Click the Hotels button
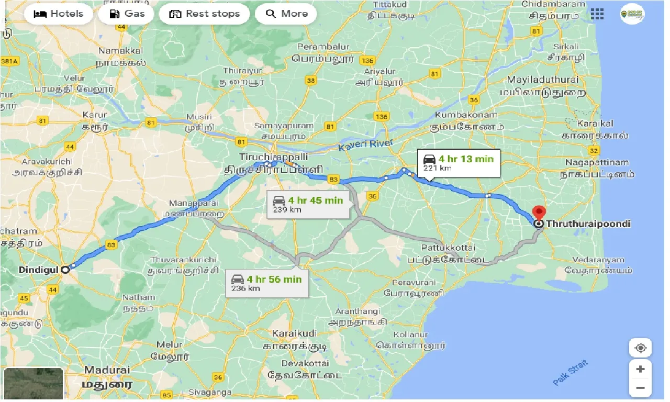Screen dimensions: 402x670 click(59, 14)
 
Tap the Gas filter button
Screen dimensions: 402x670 click(126, 14)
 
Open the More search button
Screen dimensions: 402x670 click(286, 14)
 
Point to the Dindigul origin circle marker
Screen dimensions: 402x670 click(65, 270)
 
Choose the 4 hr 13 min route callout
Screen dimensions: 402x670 click(458, 163)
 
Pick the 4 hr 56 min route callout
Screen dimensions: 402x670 click(266, 283)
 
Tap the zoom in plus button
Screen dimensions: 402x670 click(640, 369)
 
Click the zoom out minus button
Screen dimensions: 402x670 click(640, 388)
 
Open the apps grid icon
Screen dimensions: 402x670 click(597, 14)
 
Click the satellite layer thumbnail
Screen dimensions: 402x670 click(33, 384)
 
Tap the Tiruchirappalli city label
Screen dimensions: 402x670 click(273, 157)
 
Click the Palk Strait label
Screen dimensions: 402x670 click(571, 373)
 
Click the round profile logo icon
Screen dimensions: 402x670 click(632, 14)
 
